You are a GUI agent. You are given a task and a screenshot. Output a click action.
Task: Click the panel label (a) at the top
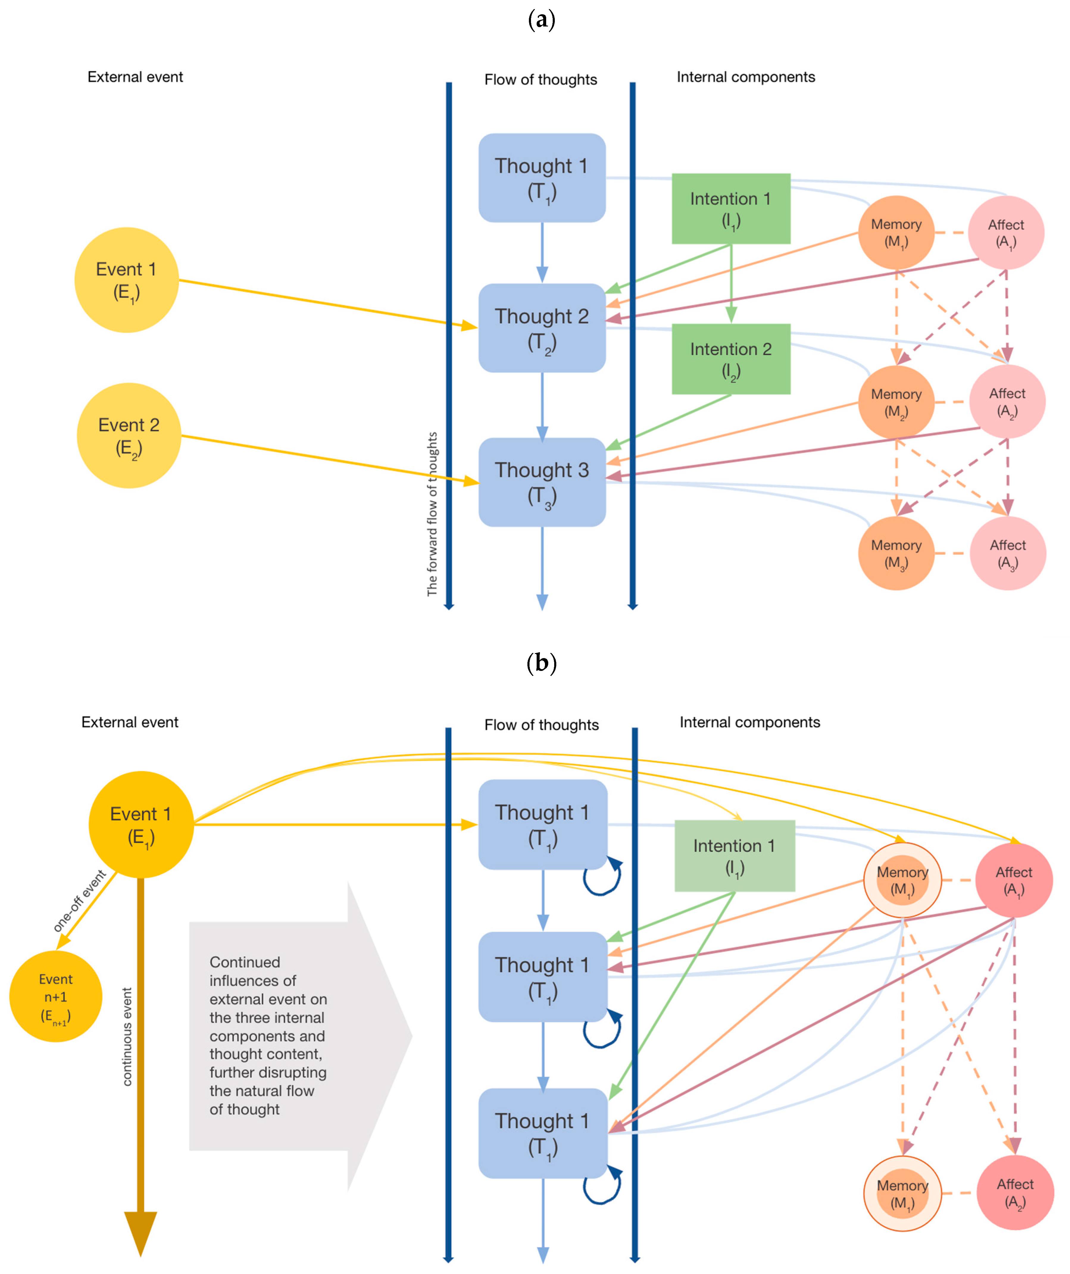(x=541, y=20)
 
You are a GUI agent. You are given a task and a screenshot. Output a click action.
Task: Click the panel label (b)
(x=541, y=663)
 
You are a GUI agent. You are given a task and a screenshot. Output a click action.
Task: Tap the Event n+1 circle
(x=56, y=997)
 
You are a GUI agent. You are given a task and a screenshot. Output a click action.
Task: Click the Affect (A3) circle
(x=1007, y=553)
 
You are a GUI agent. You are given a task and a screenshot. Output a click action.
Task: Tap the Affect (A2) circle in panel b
(x=1015, y=1193)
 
